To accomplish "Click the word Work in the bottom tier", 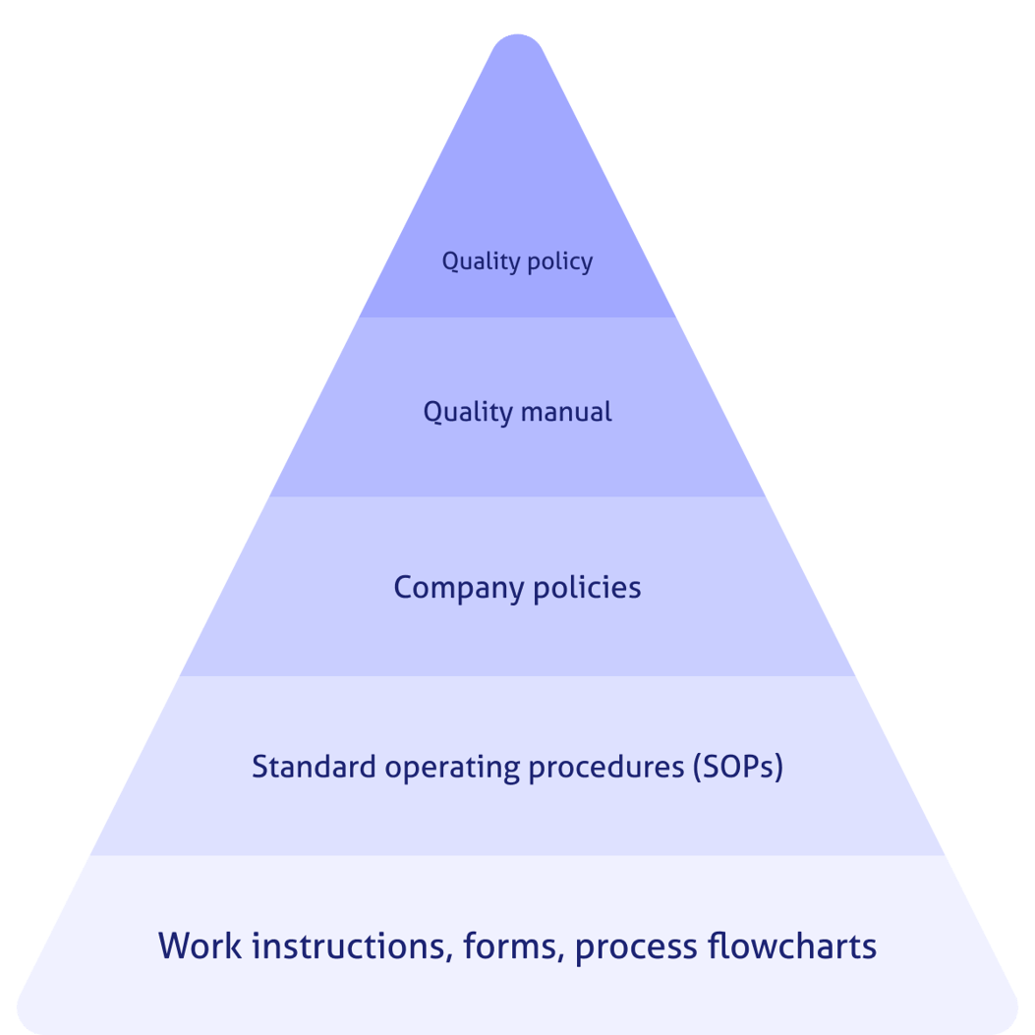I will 201,946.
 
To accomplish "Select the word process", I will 635,948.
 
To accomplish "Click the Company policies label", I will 517,588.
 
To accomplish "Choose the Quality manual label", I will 517,411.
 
